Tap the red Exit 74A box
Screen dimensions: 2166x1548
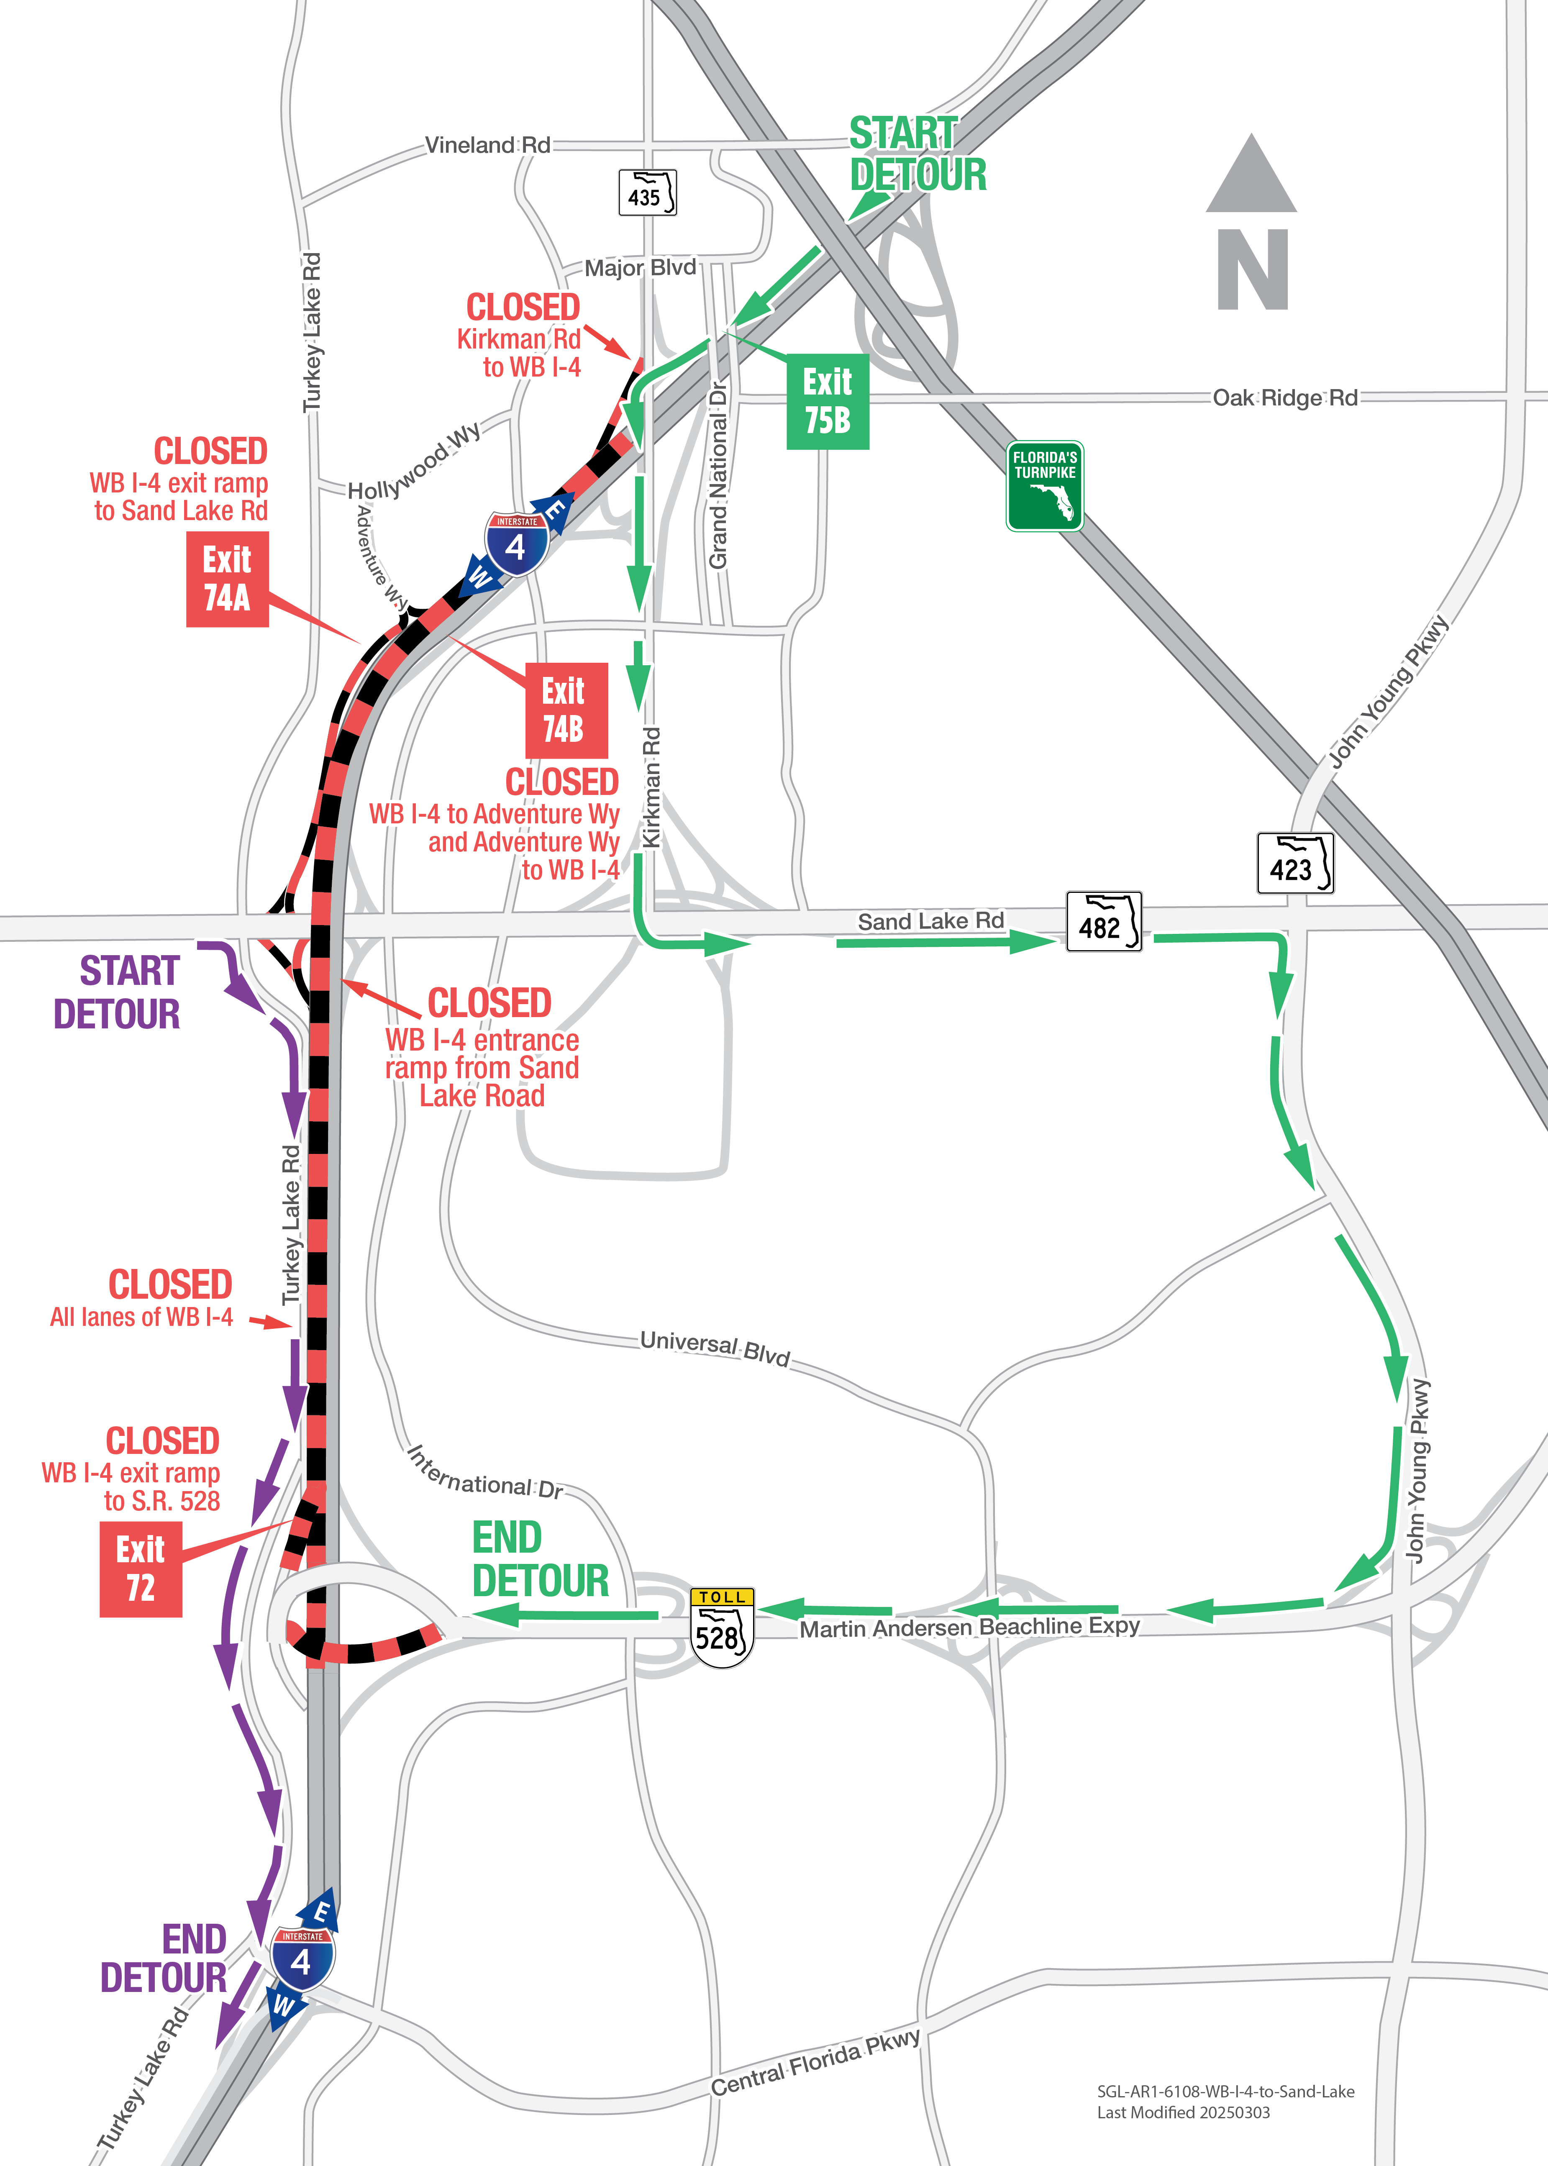point(227,579)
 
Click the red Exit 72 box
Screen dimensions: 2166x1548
point(140,1568)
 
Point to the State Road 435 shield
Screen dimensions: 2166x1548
point(647,192)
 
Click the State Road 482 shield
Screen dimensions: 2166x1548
point(1103,921)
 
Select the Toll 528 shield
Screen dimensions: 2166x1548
point(722,1628)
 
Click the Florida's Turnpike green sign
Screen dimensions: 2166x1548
point(1045,485)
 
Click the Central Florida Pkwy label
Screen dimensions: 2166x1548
point(816,2062)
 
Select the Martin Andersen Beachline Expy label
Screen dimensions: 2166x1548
point(969,1626)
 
